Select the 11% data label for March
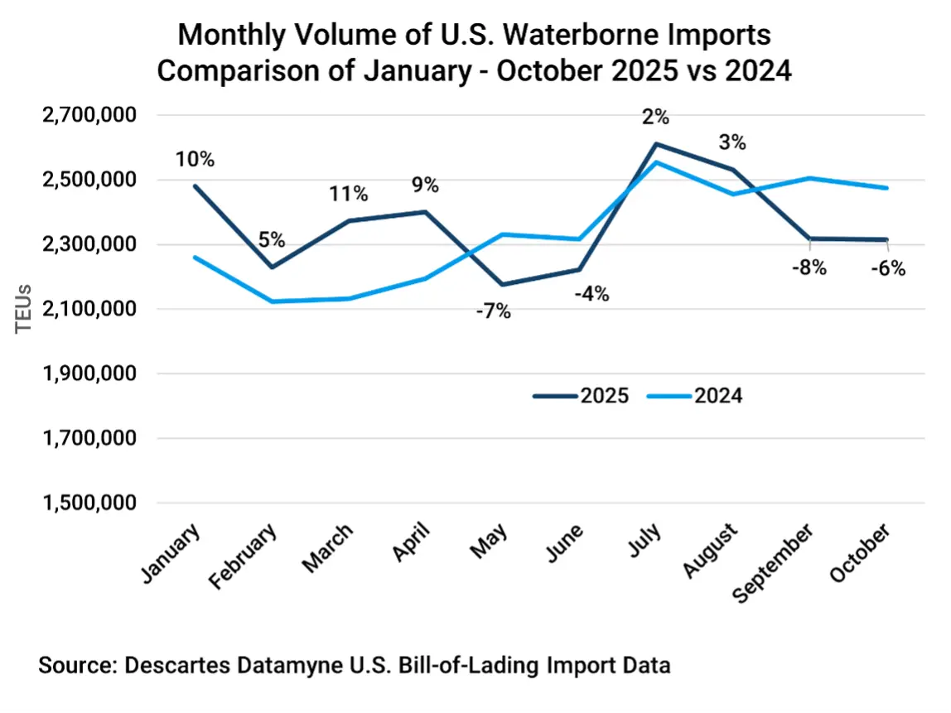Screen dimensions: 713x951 tap(348, 194)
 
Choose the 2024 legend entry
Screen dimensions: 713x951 tap(718, 396)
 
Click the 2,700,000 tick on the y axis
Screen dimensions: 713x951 tap(89, 115)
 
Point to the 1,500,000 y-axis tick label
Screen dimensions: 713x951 tap(89, 503)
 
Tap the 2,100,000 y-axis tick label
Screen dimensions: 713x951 tap(89, 309)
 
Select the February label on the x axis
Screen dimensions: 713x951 tap(244, 556)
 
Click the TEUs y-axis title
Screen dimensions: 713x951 tap(24, 309)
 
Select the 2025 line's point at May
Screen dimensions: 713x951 tap(503, 285)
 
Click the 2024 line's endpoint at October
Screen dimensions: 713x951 tap(887, 188)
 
